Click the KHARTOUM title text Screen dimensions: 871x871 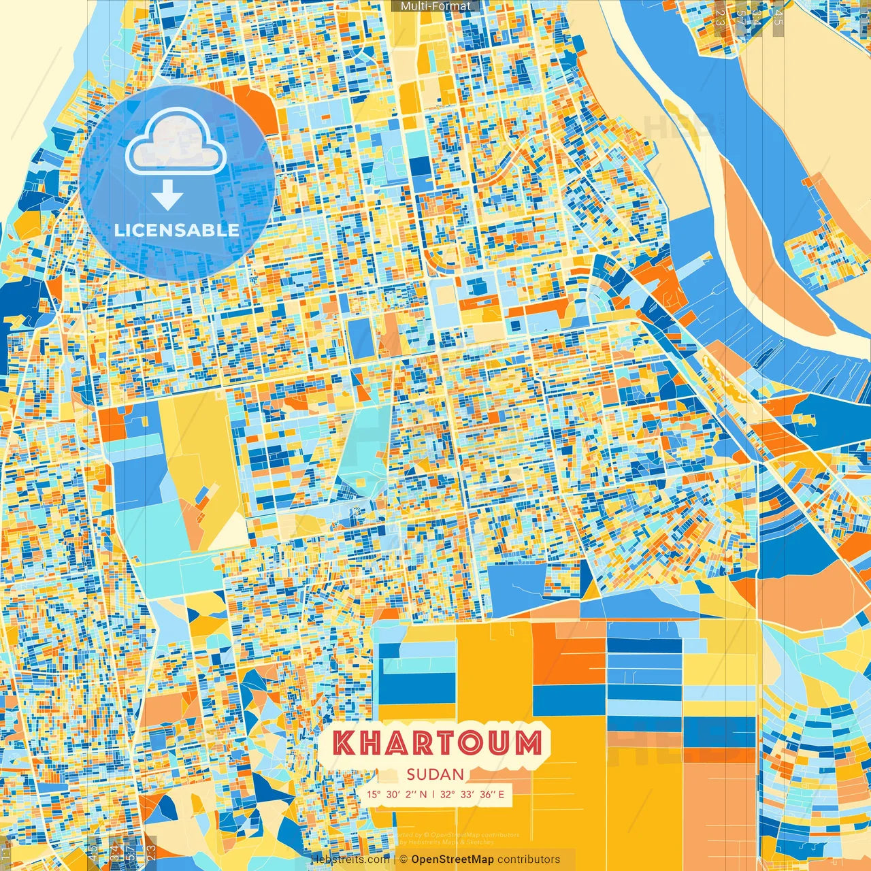point(438,743)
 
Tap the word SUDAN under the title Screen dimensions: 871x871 point(435,774)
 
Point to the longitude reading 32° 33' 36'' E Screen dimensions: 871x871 point(472,794)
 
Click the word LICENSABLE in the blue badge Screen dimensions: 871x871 point(176,230)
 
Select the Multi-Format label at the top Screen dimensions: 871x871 point(435,6)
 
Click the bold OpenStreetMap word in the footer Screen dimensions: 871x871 point(452,859)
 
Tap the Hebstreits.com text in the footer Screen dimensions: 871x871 point(351,859)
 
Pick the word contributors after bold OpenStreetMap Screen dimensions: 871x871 point(529,859)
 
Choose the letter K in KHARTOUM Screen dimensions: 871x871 point(345,743)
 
